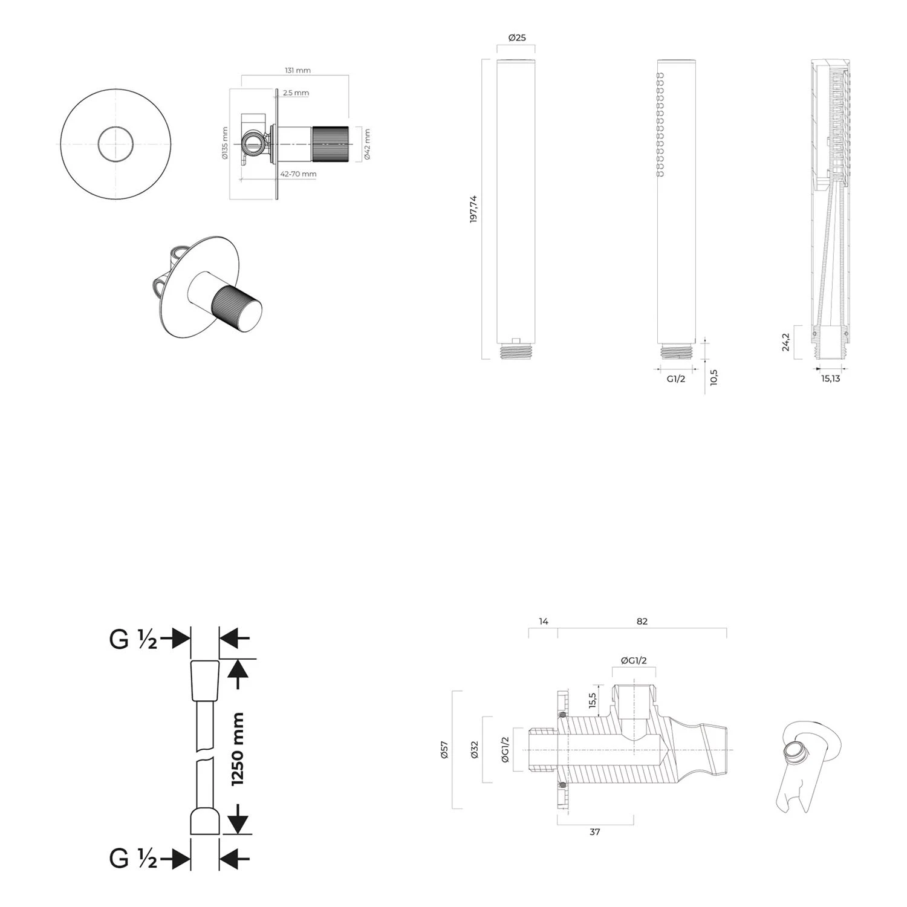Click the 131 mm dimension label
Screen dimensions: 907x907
[x=297, y=70]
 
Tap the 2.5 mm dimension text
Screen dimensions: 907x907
[x=296, y=93]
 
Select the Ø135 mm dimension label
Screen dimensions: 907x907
[x=224, y=143]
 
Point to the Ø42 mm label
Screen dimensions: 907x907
[x=367, y=145]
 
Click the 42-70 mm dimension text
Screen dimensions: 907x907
[x=298, y=174]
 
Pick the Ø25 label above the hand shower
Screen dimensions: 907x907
[x=517, y=37]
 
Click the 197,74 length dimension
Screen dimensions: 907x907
[x=473, y=209]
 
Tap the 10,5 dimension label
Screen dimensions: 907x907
[x=714, y=378]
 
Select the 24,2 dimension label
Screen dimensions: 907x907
[x=785, y=342]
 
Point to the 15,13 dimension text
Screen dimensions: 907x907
[x=831, y=379]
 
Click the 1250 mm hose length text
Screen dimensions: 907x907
[x=237, y=749]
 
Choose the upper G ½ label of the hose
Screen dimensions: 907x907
[x=133, y=639]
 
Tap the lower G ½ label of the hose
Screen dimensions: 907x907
[x=133, y=858]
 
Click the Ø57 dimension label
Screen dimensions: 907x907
[x=444, y=750]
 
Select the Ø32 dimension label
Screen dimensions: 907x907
[x=475, y=750]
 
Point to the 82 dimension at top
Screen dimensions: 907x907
[x=642, y=621]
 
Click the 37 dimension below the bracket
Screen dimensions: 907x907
[x=595, y=832]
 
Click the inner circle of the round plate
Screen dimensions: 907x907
[x=116, y=145]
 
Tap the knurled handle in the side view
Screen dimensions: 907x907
[x=330, y=145]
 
